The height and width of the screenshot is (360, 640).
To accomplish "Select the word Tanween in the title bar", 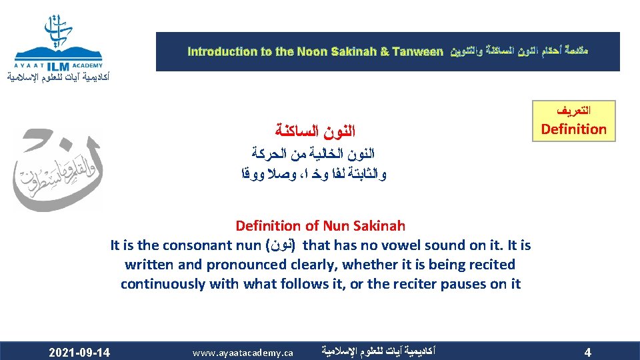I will pos(417,51).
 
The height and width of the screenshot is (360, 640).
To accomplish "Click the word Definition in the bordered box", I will pos(573,129).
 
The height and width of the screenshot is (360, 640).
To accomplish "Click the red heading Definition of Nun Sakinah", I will pos(320,227).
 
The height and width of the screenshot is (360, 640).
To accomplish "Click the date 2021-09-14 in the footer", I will pos(80,351).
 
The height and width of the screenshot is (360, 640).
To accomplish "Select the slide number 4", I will pos(587,351).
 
